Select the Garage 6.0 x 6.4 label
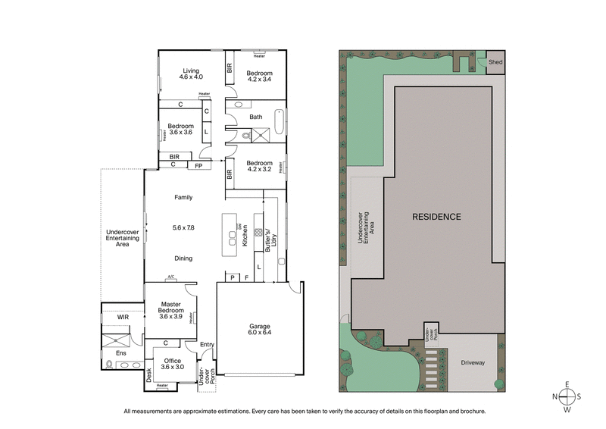[x=260, y=330]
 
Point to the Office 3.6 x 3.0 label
[x=173, y=363]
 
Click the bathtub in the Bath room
[x=280, y=121]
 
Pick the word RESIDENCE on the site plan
[x=436, y=217]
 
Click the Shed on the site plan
[x=495, y=62]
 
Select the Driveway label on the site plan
[x=473, y=363]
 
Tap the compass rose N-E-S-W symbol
[x=567, y=396]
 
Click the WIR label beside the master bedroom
[x=112, y=318]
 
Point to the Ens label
[x=120, y=352]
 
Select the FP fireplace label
[x=198, y=164]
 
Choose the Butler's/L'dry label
[x=270, y=240]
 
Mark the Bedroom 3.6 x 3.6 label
[x=180, y=129]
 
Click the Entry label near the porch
[x=207, y=345]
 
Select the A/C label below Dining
[x=171, y=278]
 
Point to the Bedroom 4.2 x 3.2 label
[x=260, y=165]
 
